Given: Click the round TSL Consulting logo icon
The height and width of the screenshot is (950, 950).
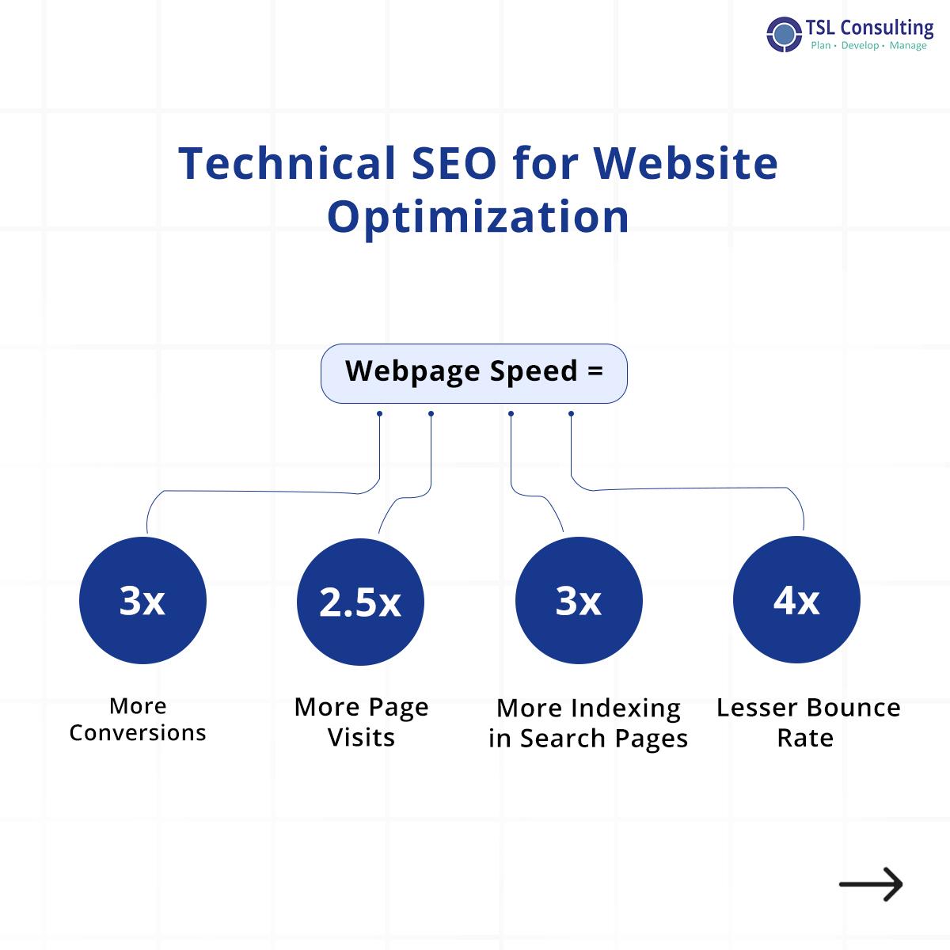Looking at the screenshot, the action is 785,34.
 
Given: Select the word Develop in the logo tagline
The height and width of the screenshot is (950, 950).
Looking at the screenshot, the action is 860,46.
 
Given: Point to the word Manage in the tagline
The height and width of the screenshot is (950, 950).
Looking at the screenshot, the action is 908,46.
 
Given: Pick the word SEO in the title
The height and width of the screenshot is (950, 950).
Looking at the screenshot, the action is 454,163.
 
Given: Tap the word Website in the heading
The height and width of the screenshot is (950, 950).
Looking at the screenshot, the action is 686,163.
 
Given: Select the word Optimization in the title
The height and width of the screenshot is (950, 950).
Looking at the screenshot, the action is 478,215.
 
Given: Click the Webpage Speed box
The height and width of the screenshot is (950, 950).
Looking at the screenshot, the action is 473,373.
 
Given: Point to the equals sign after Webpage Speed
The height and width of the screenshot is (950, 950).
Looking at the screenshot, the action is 595,370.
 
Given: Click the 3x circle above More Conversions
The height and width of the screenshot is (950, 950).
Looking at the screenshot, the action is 142,601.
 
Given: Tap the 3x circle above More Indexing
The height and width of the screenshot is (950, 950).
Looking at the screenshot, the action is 579,602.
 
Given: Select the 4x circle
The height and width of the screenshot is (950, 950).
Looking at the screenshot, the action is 796,600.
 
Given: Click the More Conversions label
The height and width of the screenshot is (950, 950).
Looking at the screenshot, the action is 138,719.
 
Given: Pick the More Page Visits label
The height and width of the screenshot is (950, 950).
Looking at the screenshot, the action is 361,721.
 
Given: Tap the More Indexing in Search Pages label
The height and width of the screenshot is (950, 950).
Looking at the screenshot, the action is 588,723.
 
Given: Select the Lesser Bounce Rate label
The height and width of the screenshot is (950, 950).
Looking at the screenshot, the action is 807,722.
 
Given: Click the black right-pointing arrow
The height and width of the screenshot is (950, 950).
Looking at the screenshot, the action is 871,884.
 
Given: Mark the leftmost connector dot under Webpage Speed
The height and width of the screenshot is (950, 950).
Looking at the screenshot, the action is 380,413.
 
